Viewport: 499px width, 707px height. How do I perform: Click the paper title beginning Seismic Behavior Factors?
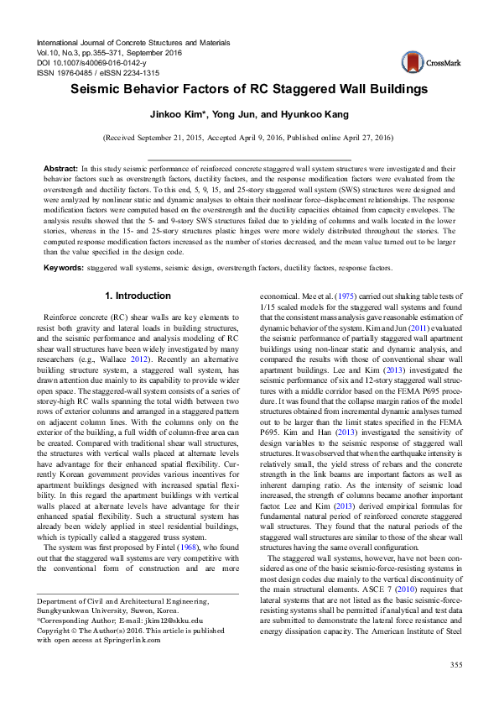point(249,89)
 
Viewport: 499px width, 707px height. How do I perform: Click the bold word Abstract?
point(60,169)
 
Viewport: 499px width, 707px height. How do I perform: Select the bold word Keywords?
point(63,268)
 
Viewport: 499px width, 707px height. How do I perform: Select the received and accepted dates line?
point(249,136)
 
